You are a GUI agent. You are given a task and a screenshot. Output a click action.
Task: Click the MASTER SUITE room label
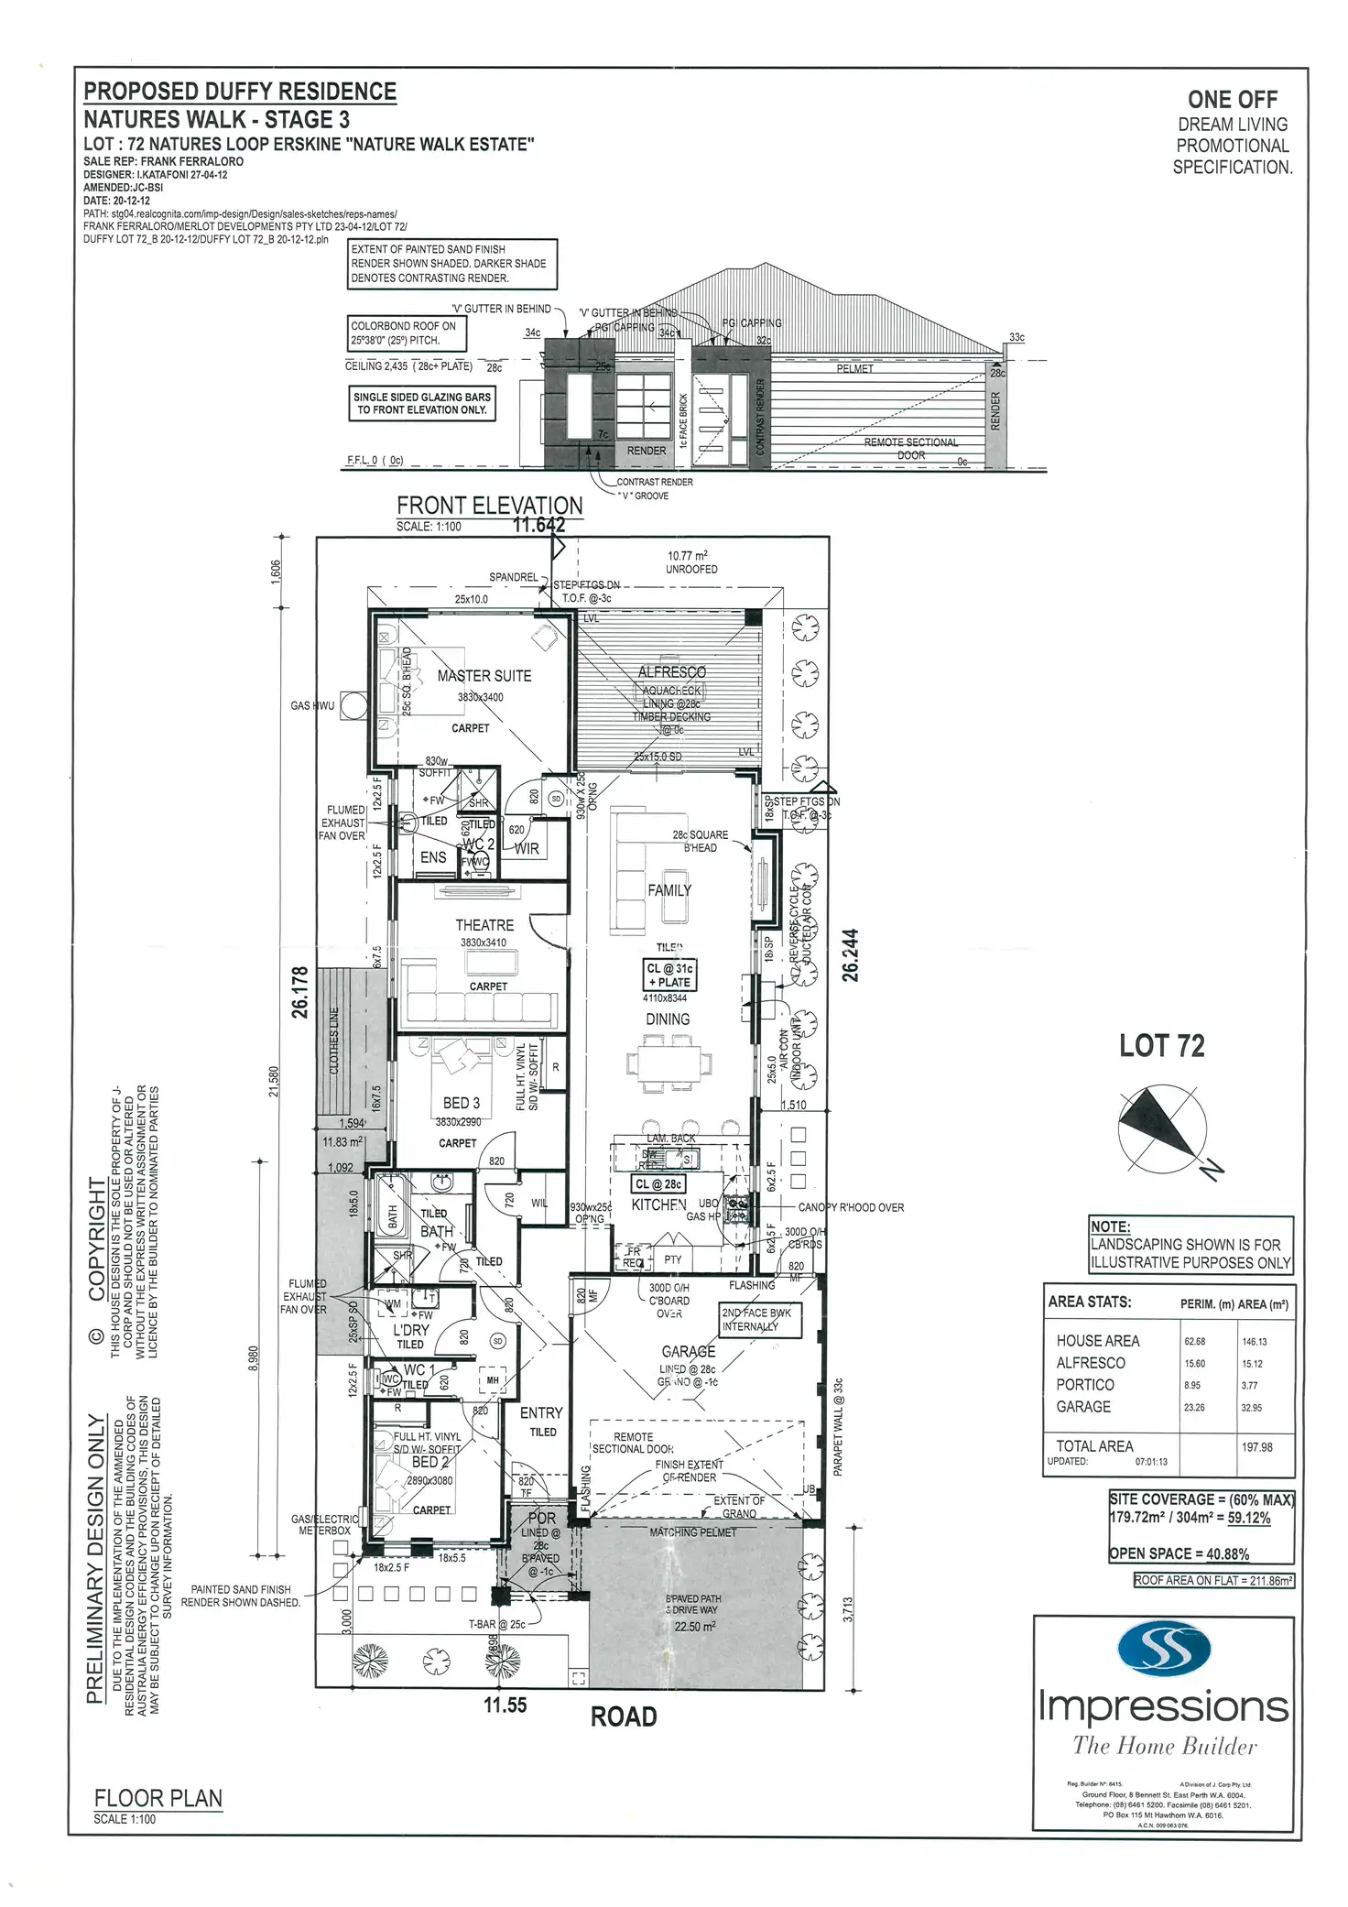pos(484,676)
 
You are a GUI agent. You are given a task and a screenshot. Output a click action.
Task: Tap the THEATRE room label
pos(484,925)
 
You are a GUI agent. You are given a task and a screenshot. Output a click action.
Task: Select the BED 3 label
pos(461,1103)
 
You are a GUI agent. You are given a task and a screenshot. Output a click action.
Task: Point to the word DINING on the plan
pos(668,1019)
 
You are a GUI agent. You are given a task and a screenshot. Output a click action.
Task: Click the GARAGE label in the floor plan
pos(689,1351)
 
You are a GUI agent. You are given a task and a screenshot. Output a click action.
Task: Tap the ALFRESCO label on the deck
pos(672,671)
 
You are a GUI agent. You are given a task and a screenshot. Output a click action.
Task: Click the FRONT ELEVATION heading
pos(489,506)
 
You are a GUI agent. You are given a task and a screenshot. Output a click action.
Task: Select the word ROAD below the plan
pos(624,1716)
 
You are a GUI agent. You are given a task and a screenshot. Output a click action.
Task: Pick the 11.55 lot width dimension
pos(505,1705)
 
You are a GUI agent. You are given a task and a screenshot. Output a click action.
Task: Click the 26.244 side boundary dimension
pos(851,955)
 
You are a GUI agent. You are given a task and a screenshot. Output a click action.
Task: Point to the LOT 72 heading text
pos(1161,1046)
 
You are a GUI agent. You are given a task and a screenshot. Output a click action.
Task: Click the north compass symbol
pos(1163,1128)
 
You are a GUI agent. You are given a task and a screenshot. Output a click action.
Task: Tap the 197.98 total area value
pos(1256,1447)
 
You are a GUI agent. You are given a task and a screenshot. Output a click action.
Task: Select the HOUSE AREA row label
pos(1098,1341)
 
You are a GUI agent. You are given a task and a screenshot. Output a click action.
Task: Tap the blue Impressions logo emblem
pos(1165,1649)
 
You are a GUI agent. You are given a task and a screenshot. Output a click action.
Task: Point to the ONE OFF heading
pos(1233,99)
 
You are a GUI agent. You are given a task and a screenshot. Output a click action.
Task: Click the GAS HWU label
pos(312,705)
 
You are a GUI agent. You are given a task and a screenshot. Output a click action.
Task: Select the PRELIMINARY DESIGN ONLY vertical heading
pos(95,1558)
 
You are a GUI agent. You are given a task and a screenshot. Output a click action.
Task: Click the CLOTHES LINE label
pos(334,1041)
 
